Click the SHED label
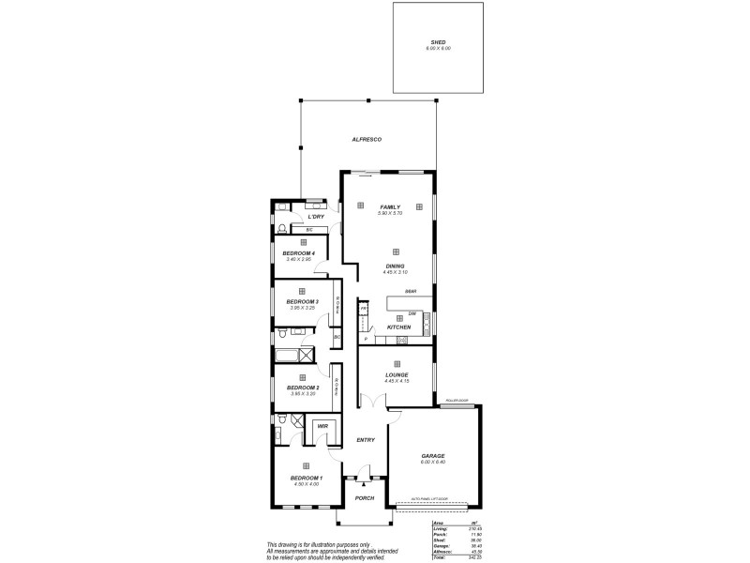439,42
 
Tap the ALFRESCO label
366,139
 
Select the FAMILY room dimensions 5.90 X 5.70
389,214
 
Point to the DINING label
395,266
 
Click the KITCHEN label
399,327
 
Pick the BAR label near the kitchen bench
411,292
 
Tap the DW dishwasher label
412,312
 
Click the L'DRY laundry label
315,218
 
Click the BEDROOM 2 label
304,387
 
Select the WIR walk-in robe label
322,426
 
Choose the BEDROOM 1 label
306,478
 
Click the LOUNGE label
397,374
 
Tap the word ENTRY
365,439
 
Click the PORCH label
365,497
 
